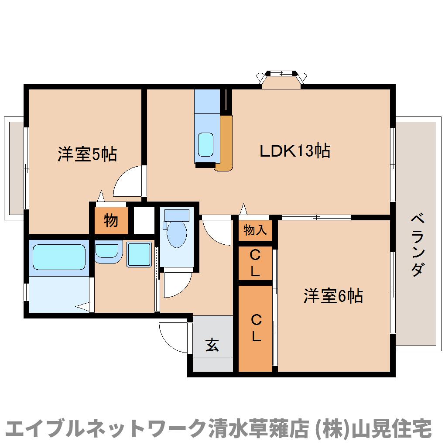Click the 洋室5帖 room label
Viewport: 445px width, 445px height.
click(x=87, y=154)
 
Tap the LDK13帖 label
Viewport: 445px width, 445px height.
click(x=294, y=151)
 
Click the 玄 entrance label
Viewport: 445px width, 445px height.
click(x=212, y=346)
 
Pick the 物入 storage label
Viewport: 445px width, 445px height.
click(x=255, y=230)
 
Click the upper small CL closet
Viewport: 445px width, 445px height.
click(x=255, y=263)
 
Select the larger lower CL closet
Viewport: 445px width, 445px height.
click(x=255, y=328)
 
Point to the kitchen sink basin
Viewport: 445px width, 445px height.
click(x=206, y=144)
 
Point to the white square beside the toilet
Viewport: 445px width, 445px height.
click(x=144, y=221)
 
